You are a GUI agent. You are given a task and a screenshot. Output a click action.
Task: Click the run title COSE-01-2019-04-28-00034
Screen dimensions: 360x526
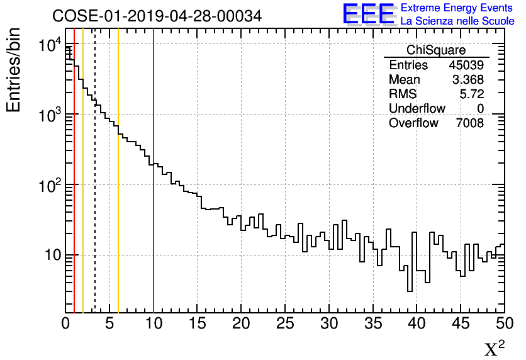(x=157, y=16)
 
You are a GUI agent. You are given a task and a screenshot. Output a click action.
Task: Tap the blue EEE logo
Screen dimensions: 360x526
(x=368, y=14)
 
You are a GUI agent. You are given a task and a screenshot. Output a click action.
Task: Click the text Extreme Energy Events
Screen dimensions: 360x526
(x=457, y=8)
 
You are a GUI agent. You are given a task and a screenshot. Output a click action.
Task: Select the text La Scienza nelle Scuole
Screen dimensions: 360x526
(x=457, y=21)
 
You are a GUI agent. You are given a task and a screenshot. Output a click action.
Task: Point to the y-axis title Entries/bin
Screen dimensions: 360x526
(x=14, y=70)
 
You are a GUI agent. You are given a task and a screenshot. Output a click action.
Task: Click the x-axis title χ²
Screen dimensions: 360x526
(x=494, y=348)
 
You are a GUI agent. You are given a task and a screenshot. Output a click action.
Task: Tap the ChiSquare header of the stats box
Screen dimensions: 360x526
(x=435, y=50)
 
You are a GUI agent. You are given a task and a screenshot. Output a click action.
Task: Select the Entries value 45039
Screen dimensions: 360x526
(x=466, y=65)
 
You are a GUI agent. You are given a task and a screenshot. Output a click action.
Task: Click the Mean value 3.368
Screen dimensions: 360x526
(x=468, y=80)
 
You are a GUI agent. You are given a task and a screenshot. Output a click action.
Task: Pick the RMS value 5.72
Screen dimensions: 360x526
(x=471, y=94)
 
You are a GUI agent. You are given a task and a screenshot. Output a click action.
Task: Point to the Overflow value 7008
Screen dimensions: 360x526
(x=469, y=123)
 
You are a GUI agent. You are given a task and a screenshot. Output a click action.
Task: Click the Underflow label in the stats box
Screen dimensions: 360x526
(x=417, y=109)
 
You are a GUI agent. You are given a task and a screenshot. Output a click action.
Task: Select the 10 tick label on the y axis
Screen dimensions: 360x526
(x=48, y=256)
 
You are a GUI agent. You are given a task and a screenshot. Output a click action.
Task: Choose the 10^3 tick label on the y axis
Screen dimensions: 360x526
(x=47, y=115)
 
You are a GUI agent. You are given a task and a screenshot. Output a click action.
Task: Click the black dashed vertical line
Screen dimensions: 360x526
(x=95, y=189)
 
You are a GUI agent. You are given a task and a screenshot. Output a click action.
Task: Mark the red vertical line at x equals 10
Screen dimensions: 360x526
(x=154, y=189)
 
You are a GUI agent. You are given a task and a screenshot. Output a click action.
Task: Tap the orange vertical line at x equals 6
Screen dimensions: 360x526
(x=118, y=189)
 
